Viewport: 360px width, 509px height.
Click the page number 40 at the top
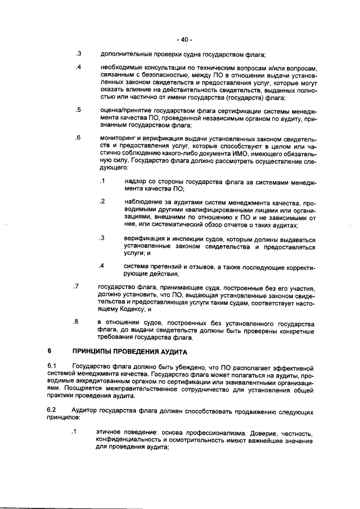tap(184, 40)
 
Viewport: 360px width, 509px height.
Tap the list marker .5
tap(79, 110)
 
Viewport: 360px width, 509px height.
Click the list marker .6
tap(79, 138)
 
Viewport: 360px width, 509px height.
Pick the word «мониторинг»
tap(119, 138)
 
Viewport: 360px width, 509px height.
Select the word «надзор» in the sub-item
tap(136, 182)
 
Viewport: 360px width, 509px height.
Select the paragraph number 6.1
tap(52, 367)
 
